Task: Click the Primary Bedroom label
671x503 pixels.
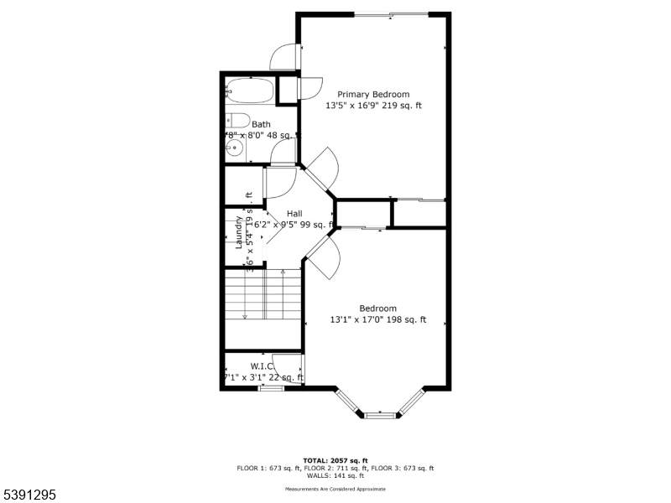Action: [373, 95]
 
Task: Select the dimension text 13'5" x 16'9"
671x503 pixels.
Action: [352, 106]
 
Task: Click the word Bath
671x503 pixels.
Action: [261, 125]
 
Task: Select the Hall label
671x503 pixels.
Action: [294, 214]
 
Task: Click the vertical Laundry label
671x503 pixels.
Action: [239, 232]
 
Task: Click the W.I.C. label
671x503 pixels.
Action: [263, 366]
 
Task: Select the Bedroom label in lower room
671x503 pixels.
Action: [377, 309]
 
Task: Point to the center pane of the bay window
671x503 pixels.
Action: [380, 414]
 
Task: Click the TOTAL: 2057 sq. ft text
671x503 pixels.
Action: [335, 461]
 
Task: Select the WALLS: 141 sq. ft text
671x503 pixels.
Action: [335, 476]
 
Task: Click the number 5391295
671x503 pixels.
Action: [29, 495]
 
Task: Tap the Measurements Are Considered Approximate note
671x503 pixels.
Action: [335, 489]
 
